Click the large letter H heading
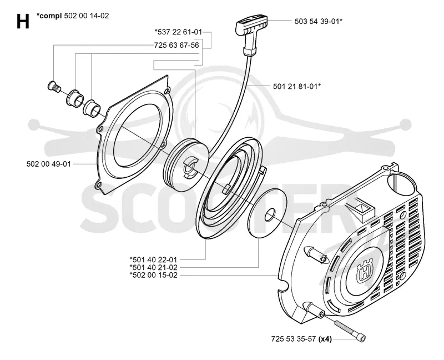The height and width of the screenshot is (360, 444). [23, 21]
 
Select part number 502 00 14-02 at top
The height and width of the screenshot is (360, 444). [87, 16]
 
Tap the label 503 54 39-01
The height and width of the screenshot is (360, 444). [317, 21]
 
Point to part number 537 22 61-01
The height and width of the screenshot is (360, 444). [178, 32]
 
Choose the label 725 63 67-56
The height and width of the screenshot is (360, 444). [176, 46]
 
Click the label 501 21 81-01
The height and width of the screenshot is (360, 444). [296, 87]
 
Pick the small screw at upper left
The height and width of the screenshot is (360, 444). [53, 86]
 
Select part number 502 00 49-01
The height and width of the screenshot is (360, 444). [48, 164]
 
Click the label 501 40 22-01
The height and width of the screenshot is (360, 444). [153, 259]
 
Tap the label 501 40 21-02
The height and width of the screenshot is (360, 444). [153, 267]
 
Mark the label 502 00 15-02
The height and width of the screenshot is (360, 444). [153, 275]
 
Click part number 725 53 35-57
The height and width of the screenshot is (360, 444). [294, 339]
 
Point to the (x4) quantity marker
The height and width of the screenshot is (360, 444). [325, 339]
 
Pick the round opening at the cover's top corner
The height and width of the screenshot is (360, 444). [401, 184]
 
